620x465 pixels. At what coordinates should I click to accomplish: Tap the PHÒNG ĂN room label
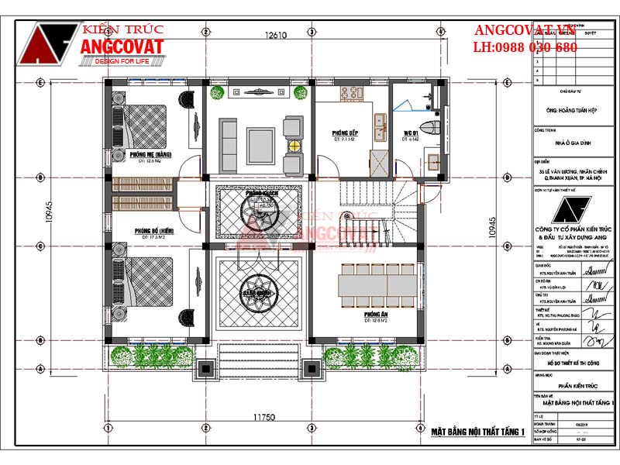pyautogui.click(x=375, y=315)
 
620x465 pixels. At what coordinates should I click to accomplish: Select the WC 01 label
pyautogui.click(x=410, y=133)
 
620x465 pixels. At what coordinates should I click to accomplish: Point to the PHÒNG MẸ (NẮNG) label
pyautogui.click(x=150, y=154)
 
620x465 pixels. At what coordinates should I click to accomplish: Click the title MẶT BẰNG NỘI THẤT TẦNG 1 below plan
pyautogui.click(x=478, y=432)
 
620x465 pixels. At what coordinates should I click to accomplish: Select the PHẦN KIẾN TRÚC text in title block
pyautogui.click(x=573, y=383)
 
